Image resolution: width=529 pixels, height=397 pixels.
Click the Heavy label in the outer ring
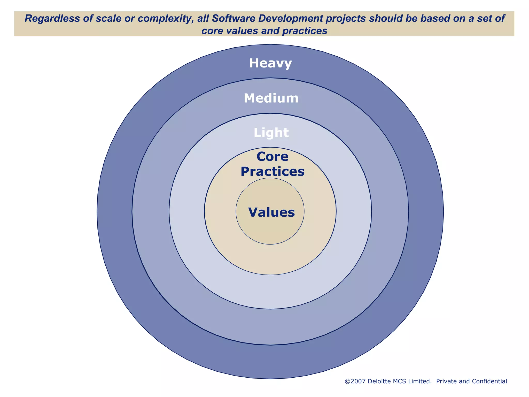point(270,63)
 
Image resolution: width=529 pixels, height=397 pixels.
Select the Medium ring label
point(271,98)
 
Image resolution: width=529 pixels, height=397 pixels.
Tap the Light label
point(271,133)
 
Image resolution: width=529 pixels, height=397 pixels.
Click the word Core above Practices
point(272,156)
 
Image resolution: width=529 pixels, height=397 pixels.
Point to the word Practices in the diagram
point(272,172)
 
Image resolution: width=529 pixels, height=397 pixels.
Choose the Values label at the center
point(271,212)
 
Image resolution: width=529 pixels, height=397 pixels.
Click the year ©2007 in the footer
point(355,381)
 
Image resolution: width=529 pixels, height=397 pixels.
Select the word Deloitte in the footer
point(379,381)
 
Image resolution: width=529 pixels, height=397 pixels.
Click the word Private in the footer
point(446,381)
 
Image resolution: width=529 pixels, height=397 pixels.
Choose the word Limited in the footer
point(420,381)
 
